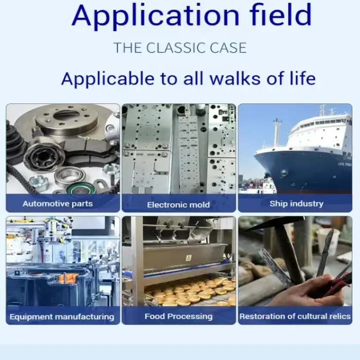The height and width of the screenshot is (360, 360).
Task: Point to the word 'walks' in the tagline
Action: [x=235, y=78]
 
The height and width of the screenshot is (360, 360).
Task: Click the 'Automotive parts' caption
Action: [x=58, y=204]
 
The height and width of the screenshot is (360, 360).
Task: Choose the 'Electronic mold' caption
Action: [x=178, y=205]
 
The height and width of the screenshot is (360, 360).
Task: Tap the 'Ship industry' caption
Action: [x=296, y=204]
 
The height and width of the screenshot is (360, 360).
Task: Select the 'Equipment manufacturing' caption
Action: [x=62, y=317]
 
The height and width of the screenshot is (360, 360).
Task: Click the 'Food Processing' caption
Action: [x=178, y=316]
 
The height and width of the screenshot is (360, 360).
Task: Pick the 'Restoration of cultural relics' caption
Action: [x=295, y=316]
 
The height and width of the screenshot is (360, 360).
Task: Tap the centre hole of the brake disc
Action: [x=66, y=115]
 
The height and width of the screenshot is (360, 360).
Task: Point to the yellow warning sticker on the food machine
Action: [x=188, y=258]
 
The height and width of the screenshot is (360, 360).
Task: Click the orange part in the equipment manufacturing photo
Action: [x=66, y=278]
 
